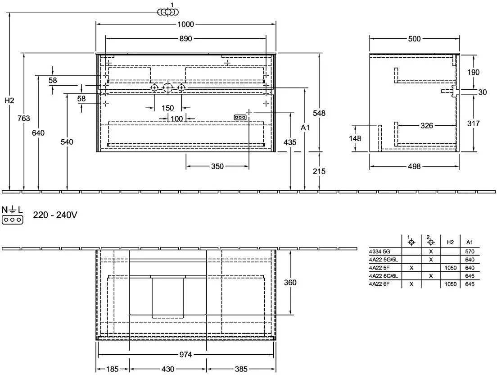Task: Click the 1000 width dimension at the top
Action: pos(186,24)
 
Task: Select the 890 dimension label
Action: pos(186,38)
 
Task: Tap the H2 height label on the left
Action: pos(9,101)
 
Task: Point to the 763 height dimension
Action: pos(24,119)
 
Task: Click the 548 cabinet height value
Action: pos(319,113)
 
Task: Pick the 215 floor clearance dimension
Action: pos(319,171)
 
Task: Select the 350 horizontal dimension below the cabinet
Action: pos(217,166)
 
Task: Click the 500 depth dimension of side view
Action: pos(414,39)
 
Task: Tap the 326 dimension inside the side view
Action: pos(427,126)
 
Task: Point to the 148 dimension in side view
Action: pos(355,138)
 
